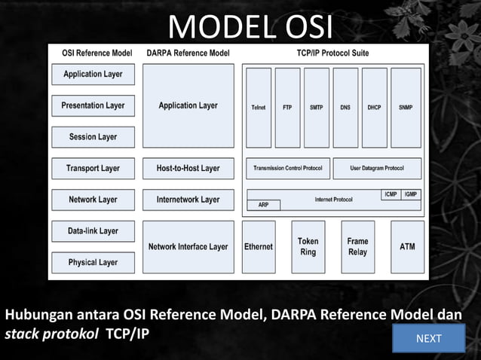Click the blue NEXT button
429,338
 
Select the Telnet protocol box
259,107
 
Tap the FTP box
287,107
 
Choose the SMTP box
316,107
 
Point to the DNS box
345,107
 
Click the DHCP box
374,107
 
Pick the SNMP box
406,107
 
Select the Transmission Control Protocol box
287,168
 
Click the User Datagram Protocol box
376,168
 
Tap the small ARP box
263,204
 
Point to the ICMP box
391,194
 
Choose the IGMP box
411,194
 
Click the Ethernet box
259,246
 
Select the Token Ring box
308,246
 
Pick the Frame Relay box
357,246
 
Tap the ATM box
407,246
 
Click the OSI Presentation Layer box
93,105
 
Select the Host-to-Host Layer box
188,168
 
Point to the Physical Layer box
93,262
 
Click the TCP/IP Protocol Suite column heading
332,53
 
